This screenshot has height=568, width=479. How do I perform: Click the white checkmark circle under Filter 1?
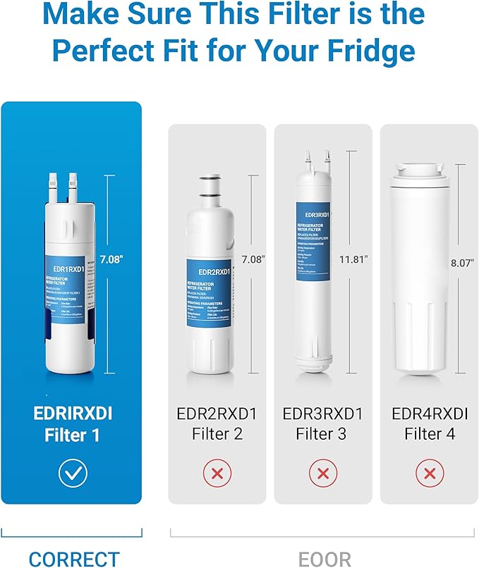73,474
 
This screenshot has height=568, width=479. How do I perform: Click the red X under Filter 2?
217,474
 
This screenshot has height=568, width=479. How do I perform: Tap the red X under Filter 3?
323,474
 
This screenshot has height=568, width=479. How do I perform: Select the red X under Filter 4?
430,474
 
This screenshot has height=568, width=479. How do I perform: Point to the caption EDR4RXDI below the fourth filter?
430,414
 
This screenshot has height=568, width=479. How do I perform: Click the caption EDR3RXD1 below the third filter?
323,414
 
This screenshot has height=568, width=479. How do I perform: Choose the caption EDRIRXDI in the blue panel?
73,414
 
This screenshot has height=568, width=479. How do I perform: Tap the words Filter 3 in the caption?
323,434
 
